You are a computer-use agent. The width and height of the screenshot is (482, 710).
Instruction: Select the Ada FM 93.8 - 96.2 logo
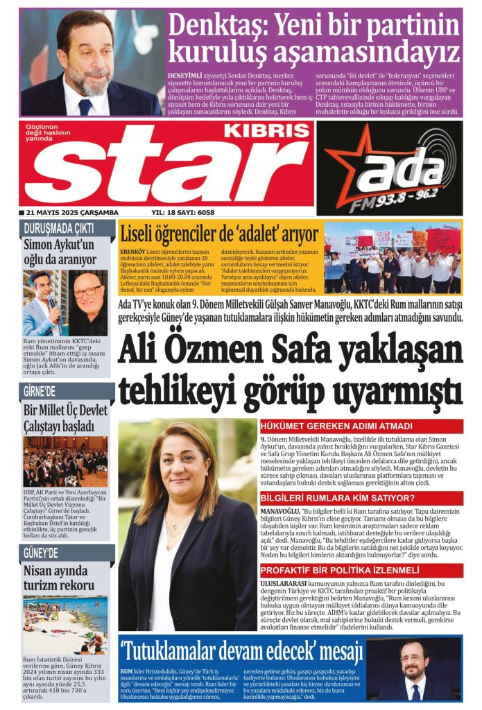pos(390,168)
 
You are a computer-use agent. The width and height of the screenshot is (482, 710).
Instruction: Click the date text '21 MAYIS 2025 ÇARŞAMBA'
pos(69,213)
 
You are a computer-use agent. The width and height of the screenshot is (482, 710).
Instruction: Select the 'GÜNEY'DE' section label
pos(41,553)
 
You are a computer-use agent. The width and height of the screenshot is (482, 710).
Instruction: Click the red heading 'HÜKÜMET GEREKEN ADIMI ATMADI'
pos(337,426)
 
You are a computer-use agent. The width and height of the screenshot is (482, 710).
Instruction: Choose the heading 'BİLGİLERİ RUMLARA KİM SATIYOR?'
pos(338,499)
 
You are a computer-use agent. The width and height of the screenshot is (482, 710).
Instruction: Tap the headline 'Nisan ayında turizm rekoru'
pos(55,580)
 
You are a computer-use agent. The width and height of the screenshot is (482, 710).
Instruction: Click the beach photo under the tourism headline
pos(65,625)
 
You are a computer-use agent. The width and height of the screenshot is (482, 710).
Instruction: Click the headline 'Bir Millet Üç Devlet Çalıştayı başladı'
pos(64,419)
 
